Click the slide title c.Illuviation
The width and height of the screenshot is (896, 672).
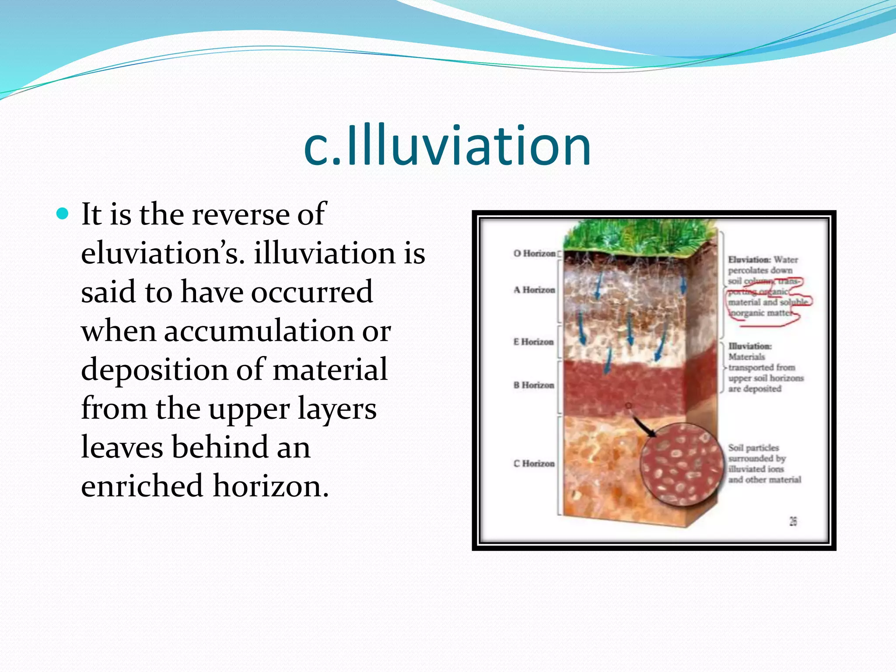tap(447, 145)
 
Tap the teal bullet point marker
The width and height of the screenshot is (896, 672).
tap(63, 214)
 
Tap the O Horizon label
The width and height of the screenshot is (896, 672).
tap(534, 253)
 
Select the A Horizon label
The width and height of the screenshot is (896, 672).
tap(534, 290)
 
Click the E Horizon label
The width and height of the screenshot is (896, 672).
tap(533, 342)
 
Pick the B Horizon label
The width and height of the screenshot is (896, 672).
tap(534, 385)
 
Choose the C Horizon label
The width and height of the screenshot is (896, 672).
tap(534, 463)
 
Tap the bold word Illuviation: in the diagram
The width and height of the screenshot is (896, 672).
tap(749, 346)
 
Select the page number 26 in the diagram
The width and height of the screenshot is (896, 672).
tap(793, 521)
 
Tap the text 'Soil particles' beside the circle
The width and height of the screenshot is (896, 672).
tap(753, 448)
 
